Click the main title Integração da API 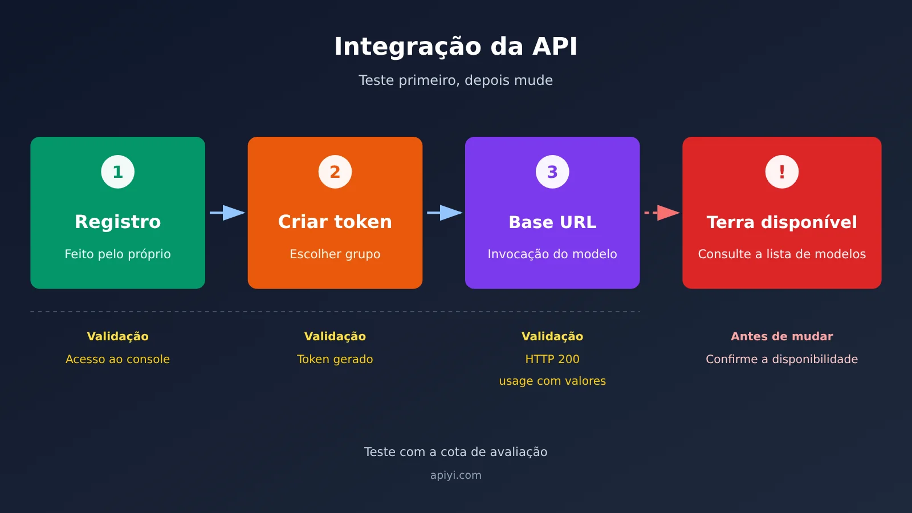(455, 47)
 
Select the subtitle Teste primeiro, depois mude (455, 80)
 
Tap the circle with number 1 (117, 172)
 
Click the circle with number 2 (335, 172)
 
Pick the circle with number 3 (552, 172)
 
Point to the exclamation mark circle (781, 172)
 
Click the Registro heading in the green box (117, 222)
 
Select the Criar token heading (335, 222)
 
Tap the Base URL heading (552, 222)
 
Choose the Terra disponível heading (781, 222)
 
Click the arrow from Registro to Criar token (227, 213)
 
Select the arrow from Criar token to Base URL (445, 213)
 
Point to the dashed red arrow (662, 213)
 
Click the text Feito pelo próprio (117, 254)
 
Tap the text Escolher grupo (335, 254)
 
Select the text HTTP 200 (552, 359)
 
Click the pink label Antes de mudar (781, 336)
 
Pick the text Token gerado (335, 359)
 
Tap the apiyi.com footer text (455, 475)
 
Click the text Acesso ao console (117, 359)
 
